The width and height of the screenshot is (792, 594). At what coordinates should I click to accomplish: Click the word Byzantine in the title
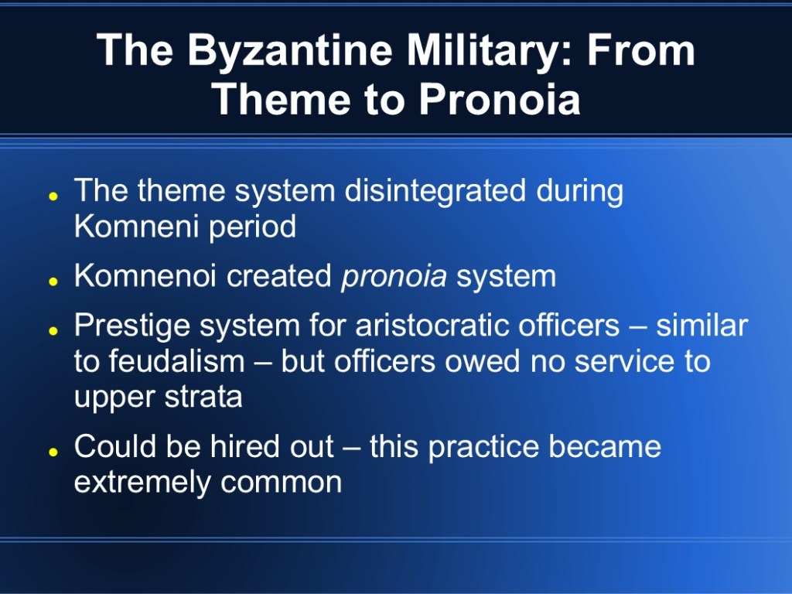pyautogui.click(x=290, y=51)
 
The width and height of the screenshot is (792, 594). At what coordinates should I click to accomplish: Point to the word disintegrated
pyautogui.click(x=435, y=191)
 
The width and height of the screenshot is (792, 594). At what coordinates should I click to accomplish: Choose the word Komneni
pyautogui.click(x=136, y=226)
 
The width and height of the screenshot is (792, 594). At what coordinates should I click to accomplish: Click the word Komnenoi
pyautogui.click(x=145, y=275)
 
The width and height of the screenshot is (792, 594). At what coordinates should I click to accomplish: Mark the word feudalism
pyautogui.click(x=177, y=361)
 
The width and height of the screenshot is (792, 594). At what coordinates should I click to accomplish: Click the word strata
pyautogui.click(x=203, y=397)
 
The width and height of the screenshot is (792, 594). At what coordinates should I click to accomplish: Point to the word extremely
pyautogui.click(x=142, y=483)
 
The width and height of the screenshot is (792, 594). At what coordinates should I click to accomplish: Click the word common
pyautogui.click(x=282, y=483)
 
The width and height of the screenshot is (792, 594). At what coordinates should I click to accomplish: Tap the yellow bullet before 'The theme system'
pyautogui.click(x=53, y=196)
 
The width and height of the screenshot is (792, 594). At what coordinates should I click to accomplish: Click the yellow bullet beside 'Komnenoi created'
pyautogui.click(x=53, y=282)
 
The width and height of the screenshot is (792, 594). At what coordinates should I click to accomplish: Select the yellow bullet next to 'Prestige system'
pyautogui.click(x=53, y=331)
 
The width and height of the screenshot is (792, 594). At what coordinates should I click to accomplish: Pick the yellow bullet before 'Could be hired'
pyautogui.click(x=53, y=452)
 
